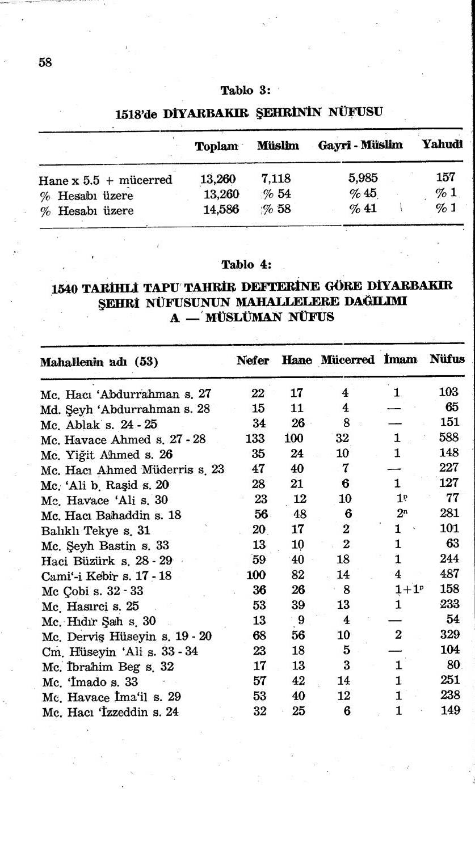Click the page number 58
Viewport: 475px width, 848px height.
click(x=45, y=62)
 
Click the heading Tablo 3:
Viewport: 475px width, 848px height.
click(x=246, y=90)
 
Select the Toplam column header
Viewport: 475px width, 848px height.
click(x=216, y=146)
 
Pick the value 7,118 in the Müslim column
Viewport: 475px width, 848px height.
click(x=276, y=180)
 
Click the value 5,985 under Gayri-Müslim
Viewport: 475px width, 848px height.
click(x=363, y=180)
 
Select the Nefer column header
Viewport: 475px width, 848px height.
click(x=253, y=360)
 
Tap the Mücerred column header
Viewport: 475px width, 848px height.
click(x=347, y=360)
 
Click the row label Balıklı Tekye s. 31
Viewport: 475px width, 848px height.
click(x=87, y=531)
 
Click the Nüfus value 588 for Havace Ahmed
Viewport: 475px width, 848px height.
click(x=449, y=438)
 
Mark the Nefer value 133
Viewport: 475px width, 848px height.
click(x=255, y=438)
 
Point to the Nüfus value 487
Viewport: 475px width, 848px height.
click(x=449, y=575)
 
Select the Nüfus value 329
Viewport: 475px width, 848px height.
click(x=449, y=635)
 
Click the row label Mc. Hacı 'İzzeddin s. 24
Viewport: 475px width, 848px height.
click(x=111, y=712)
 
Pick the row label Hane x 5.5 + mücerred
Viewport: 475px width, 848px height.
click(x=106, y=180)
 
